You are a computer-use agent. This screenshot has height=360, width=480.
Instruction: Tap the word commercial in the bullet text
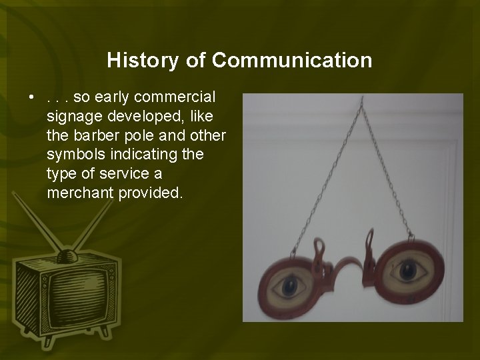[178, 97]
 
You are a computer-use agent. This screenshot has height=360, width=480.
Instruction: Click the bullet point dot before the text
[31, 98]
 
